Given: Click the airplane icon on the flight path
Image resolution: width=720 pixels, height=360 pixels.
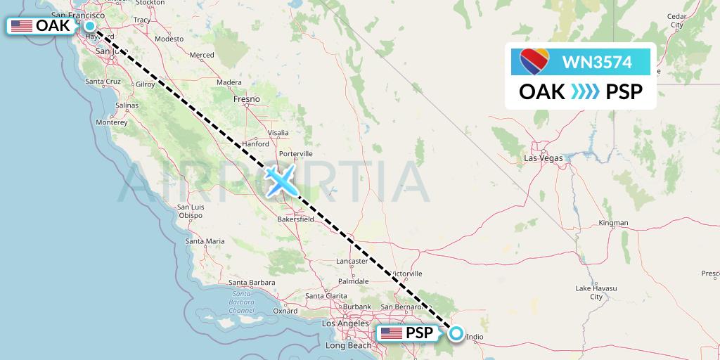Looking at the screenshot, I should [x=281, y=181].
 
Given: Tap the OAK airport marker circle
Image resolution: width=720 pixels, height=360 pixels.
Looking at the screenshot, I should [x=91, y=26].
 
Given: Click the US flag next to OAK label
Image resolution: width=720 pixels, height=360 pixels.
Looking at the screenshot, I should [x=22, y=26].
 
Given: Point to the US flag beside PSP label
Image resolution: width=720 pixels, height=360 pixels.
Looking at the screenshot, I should [x=392, y=333].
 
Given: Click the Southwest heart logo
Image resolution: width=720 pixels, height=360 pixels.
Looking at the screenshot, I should [x=534, y=63].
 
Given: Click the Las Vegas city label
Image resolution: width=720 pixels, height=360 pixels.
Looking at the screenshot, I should [x=544, y=158].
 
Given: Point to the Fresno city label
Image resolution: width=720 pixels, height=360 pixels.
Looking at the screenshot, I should [x=247, y=99].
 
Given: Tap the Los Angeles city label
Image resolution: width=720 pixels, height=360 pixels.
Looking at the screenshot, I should [x=344, y=323].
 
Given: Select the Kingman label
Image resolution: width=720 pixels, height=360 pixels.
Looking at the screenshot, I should [x=612, y=223].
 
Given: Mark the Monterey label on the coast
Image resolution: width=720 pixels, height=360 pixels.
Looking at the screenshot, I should [x=112, y=122].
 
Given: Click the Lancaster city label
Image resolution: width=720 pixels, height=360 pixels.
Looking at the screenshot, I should [x=352, y=261].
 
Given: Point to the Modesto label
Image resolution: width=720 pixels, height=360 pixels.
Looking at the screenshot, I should [x=169, y=39].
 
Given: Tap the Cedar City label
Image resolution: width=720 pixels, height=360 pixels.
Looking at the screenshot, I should [x=676, y=20].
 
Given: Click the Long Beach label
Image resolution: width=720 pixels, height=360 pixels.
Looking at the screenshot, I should [x=349, y=345].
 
